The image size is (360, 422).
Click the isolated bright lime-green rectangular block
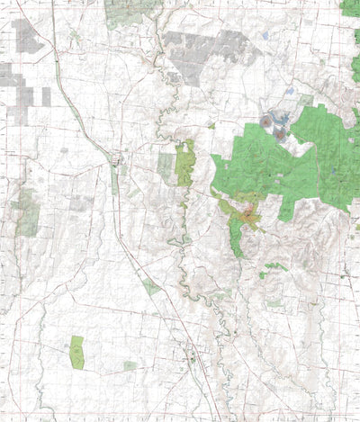[76, 351]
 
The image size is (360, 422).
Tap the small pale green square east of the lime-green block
[130, 365]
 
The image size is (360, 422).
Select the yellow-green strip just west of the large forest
[185, 164]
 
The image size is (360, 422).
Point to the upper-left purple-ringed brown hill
[267, 121]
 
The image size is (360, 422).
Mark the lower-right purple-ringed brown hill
[280, 134]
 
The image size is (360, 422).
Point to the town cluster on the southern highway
[190, 360]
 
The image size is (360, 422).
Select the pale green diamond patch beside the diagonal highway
[151, 287]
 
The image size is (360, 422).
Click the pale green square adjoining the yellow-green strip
[166, 165]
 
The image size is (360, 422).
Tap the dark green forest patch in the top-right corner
[351, 7]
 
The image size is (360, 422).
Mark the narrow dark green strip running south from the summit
[237, 239]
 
